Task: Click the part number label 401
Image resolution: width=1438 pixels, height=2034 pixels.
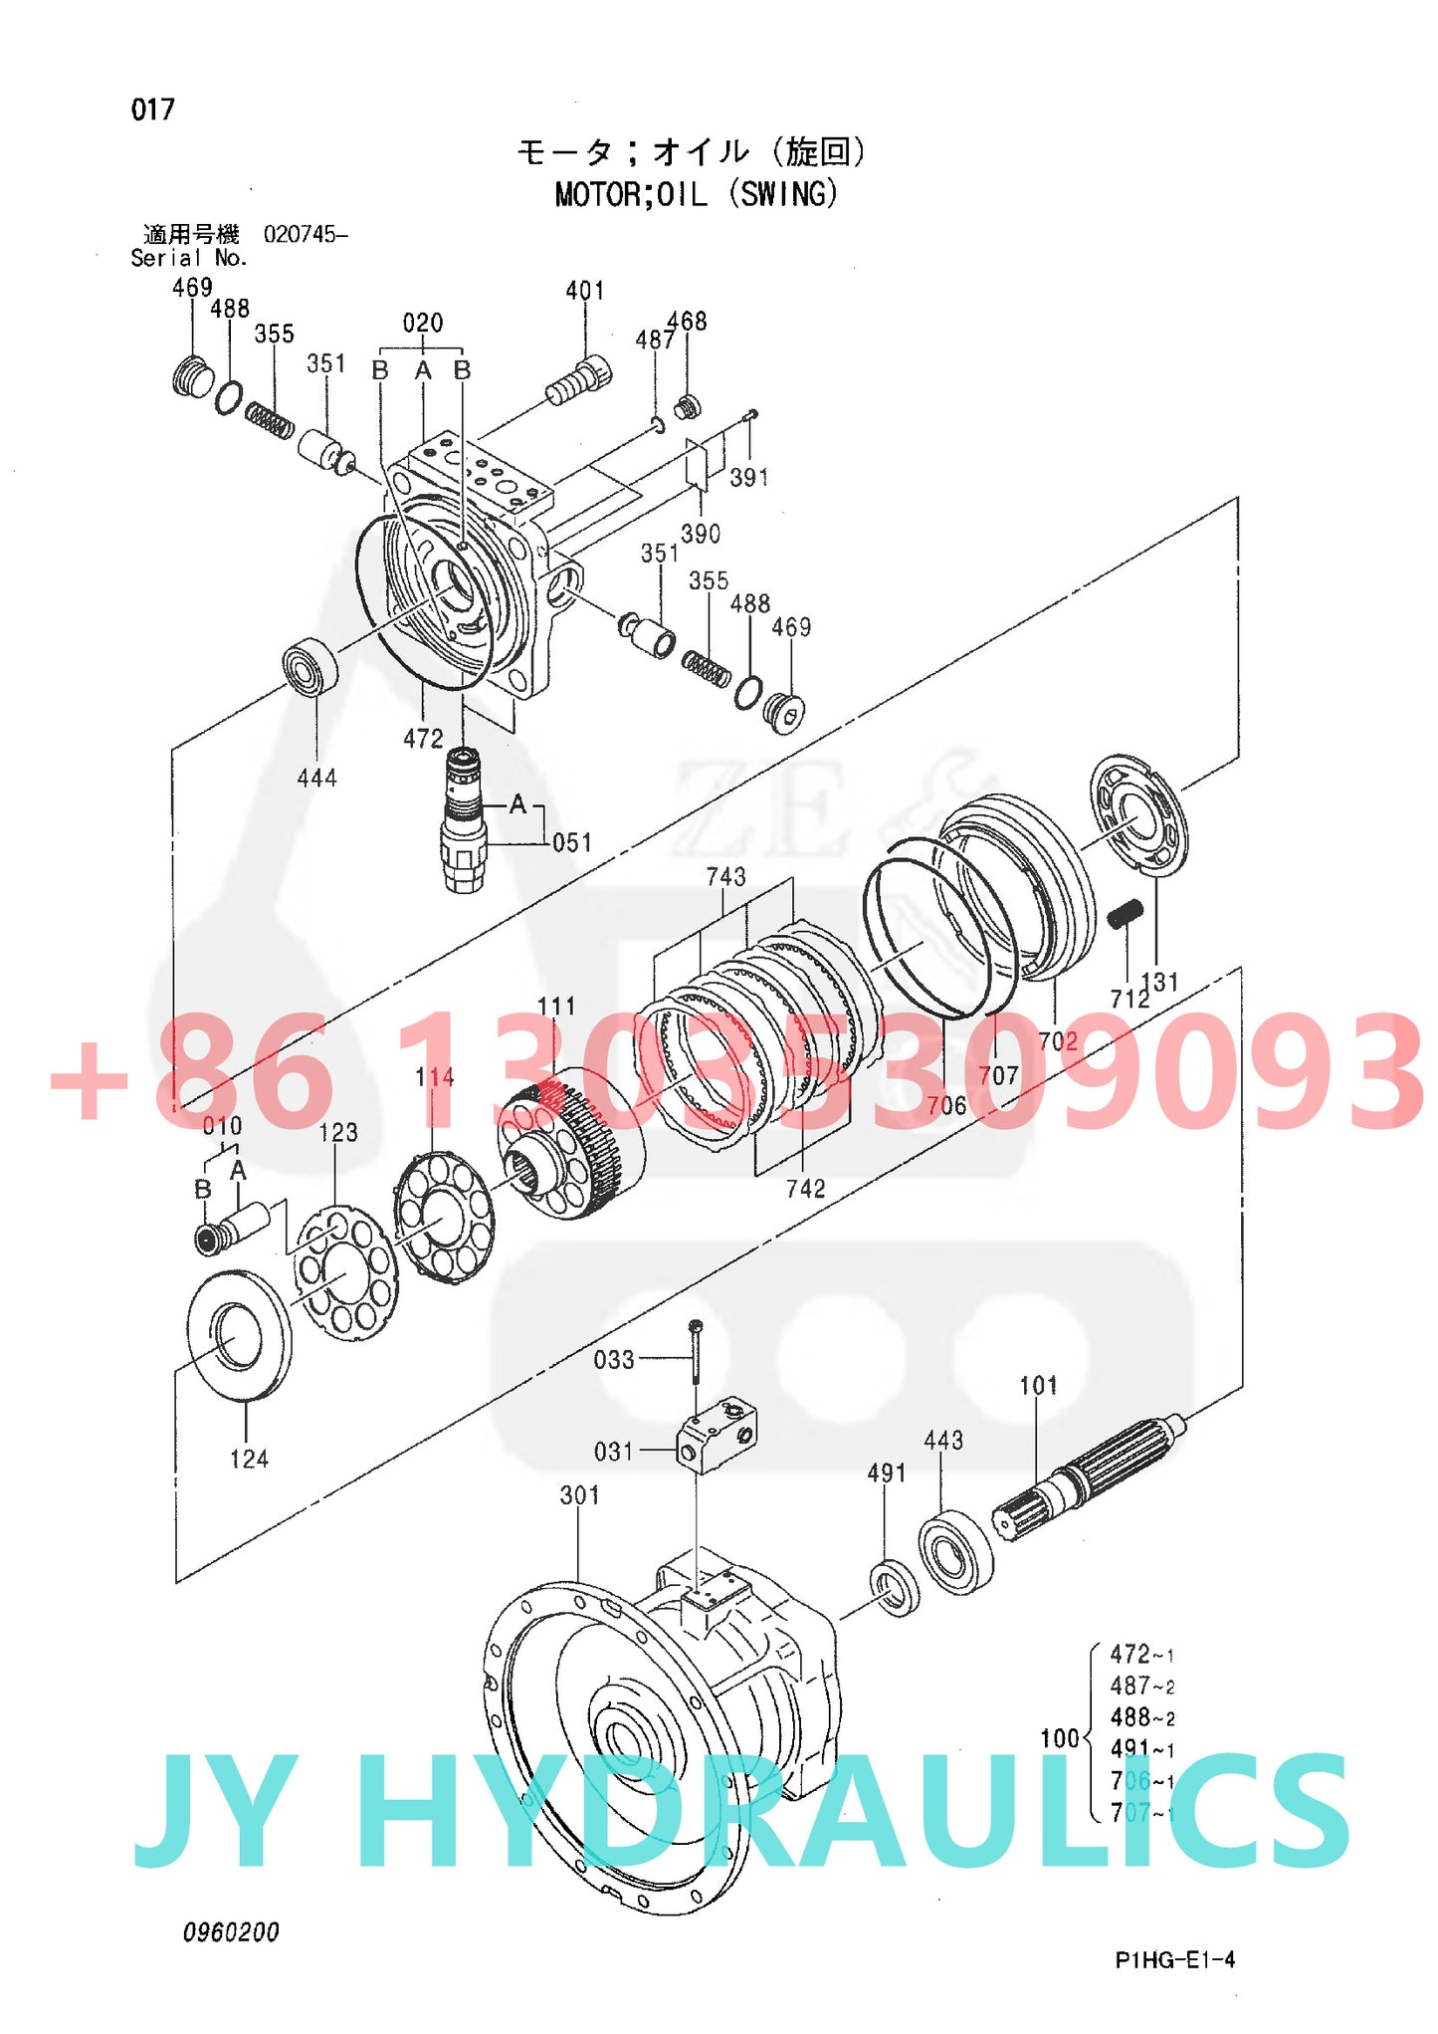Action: [584, 291]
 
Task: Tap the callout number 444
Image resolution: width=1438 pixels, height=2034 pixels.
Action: [316, 778]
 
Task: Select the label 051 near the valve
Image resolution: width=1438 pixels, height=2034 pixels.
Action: [571, 842]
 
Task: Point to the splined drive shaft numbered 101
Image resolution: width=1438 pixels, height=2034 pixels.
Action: [1090, 1471]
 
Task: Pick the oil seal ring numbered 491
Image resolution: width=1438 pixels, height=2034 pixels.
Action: [895, 1588]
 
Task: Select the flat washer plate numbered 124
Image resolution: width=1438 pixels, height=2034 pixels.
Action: [240, 1335]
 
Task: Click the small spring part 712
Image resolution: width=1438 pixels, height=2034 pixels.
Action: [1126, 912]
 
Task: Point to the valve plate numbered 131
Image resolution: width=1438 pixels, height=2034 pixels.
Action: [1138, 815]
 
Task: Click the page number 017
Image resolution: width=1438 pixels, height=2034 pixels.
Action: [152, 110]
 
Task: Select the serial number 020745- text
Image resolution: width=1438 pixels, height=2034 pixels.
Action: [306, 235]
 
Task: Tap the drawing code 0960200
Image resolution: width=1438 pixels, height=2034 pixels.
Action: [231, 1932]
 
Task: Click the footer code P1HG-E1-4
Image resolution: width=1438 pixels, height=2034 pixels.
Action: [1174, 1959]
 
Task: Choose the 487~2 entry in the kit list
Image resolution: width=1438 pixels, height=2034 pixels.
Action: [1141, 1687]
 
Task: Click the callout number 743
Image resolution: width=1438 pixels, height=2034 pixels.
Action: [725, 876]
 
